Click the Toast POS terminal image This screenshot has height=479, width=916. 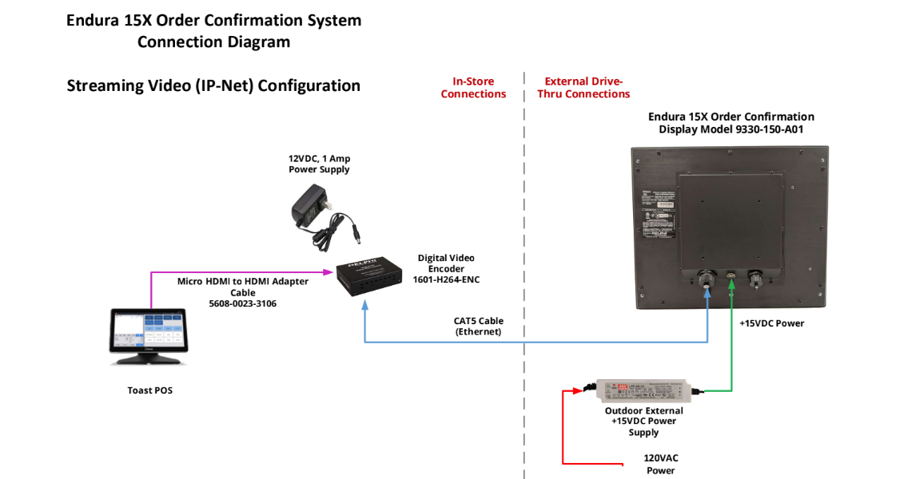tap(147, 335)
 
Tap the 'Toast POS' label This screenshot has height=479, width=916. tap(149, 390)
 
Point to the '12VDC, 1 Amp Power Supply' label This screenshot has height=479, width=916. tap(319, 164)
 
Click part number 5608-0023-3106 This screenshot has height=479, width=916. tap(242, 304)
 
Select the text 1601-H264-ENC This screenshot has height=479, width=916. tap(446, 279)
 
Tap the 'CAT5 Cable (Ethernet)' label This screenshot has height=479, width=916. tap(479, 326)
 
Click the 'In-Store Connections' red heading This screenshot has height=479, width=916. tap(473, 88)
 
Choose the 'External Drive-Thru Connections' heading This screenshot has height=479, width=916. tap(587, 88)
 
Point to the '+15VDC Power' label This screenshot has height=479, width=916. tap(771, 323)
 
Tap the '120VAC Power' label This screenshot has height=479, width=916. tap(661, 464)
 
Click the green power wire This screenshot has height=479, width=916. tap(731, 351)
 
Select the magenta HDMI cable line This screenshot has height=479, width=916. tap(240, 272)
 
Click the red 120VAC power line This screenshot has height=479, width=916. tap(564, 431)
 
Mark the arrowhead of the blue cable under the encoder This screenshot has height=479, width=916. tap(365, 307)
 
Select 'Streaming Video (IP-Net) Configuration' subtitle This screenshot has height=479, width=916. tap(213, 85)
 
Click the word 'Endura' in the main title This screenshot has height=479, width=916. tap(94, 21)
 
